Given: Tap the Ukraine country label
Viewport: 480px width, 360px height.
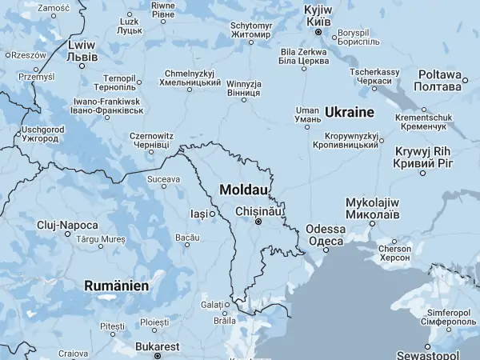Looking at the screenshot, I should pos(350,111).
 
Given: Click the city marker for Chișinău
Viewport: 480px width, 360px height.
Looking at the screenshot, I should pos(258,222).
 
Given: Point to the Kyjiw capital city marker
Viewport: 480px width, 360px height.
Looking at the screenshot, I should pos(318,33).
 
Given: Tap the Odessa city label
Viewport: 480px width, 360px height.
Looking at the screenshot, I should pos(326,234).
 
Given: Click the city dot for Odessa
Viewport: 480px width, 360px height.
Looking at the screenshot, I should pos(326,250).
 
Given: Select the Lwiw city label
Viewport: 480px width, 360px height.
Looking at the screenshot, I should pos(83,51).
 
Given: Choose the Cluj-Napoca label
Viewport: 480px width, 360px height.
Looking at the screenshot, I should pos(67,225).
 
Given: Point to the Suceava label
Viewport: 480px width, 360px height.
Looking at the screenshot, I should pos(164,178).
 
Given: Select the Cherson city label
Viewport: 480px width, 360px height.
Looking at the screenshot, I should pos(394,253).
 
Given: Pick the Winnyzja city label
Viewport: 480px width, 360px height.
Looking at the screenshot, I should pos(244,88).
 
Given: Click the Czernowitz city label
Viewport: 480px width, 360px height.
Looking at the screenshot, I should pos(151,141).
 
